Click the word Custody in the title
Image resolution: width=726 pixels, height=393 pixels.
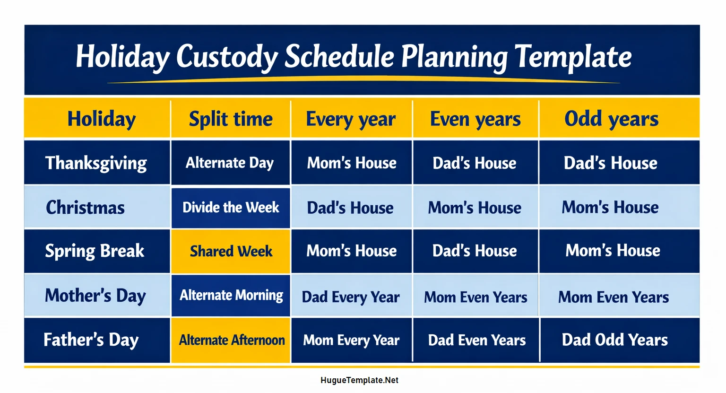(227, 57)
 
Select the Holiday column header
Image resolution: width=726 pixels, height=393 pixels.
(101, 119)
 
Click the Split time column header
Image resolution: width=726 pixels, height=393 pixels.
(231, 119)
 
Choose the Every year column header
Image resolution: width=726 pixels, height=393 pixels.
(351, 119)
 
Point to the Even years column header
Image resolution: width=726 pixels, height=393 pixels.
(475, 119)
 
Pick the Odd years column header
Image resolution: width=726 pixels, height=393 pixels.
(611, 119)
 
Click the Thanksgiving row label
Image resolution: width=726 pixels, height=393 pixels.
(96, 163)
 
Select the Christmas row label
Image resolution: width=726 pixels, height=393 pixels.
(86, 208)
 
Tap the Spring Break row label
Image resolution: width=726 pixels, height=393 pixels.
(95, 251)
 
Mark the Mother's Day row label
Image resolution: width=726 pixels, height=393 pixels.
(95, 296)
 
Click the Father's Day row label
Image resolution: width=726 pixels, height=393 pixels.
(91, 340)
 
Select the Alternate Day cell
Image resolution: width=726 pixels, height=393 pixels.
(230, 163)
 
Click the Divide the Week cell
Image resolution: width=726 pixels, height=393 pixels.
(231, 208)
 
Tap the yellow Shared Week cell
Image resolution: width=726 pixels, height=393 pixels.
(231, 251)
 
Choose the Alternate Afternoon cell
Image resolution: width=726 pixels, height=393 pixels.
(232, 340)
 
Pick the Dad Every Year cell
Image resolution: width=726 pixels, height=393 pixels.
(351, 297)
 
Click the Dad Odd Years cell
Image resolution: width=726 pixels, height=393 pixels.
(614, 340)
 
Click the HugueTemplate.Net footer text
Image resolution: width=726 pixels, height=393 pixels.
(359, 380)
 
